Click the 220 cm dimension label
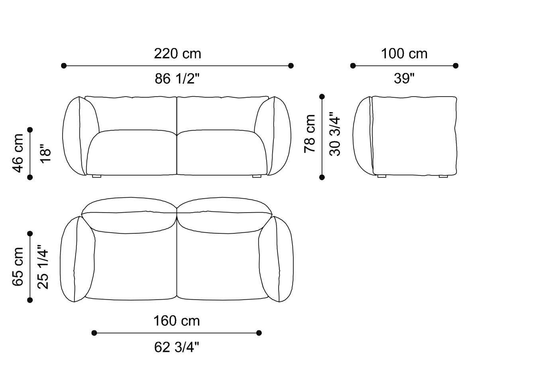click(177, 53)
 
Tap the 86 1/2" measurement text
click(177, 79)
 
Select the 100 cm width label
click(404, 53)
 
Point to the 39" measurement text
click(404, 79)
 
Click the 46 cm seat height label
click(18, 153)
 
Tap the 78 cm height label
click(310, 134)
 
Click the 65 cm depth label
click(18, 266)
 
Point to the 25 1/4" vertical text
click(43, 266)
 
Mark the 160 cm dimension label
click(177, 321)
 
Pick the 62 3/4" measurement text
click(177, 347)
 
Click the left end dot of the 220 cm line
click(64, 65)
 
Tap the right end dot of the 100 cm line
click(456, 65)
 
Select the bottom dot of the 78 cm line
click(322, 177)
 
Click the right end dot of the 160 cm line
click(259, 333)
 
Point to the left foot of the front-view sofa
click(96, 176)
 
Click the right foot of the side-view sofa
click(443, 176)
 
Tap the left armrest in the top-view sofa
click(78, 259)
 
